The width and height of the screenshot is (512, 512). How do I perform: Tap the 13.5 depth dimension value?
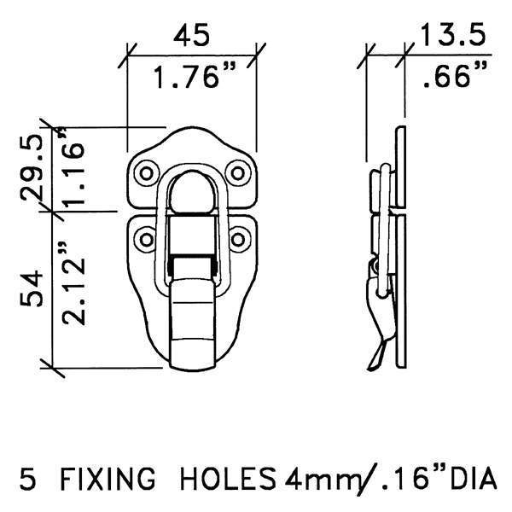tap(452, 36)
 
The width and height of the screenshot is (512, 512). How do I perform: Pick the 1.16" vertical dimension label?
tap(74, 169)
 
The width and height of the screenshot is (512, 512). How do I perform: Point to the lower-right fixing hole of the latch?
tap(238, 236)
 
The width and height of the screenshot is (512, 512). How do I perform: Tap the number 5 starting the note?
tap(26, 480)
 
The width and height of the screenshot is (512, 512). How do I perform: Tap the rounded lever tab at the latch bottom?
tap(193, 337)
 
